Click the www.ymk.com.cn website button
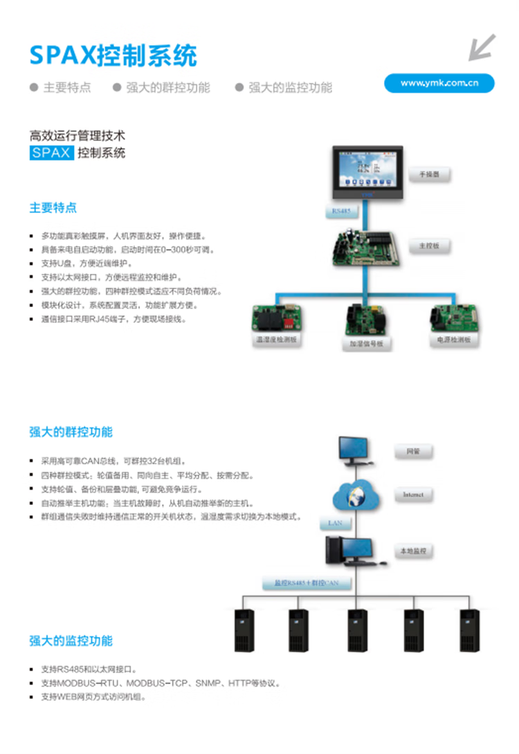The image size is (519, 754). (439, 83)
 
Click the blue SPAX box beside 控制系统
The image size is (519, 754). (51, 153)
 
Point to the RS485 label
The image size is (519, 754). (342, 210)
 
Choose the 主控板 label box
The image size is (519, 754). (428, 246)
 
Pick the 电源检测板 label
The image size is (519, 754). (453, 340)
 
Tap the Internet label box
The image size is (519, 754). (413, 495)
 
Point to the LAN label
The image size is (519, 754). (335, 524)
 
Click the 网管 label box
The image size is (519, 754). (413, 452)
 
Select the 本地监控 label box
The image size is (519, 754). (413, 551)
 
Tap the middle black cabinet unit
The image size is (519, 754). (358, 630)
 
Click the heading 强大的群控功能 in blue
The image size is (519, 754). (71, 432)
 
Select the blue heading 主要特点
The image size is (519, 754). (53, 208)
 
